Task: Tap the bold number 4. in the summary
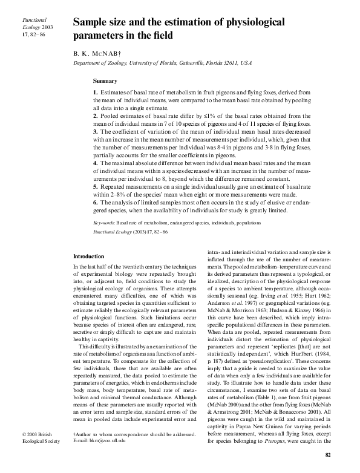[x=96, y=163]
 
